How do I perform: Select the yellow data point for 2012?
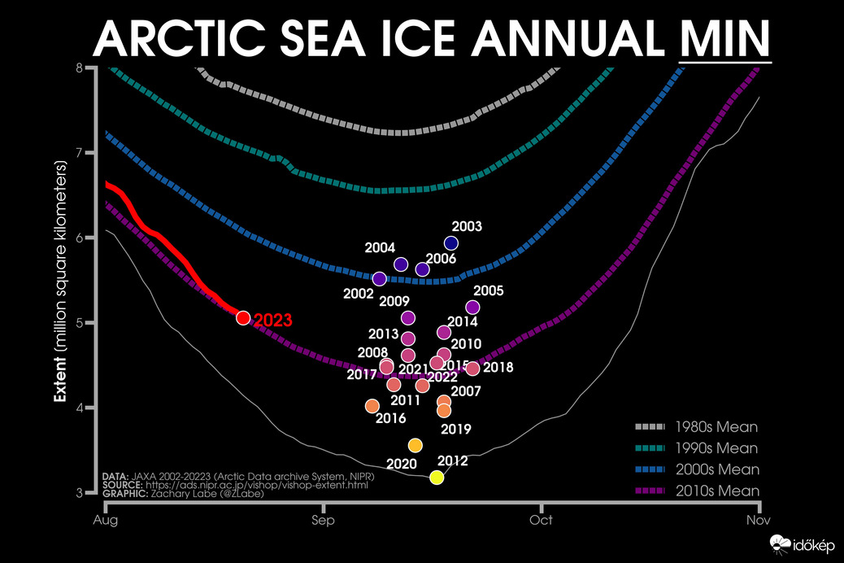tap(437, 477)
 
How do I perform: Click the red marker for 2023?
tap(242, 317)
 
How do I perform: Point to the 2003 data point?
tap(451, 242)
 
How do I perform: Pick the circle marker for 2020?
tap(415, 445)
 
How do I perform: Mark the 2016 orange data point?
tap(372, 406)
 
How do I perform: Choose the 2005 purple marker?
tap(472, 307)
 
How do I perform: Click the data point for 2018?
tap(472, 369)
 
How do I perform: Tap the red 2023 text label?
tap(272, 321)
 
